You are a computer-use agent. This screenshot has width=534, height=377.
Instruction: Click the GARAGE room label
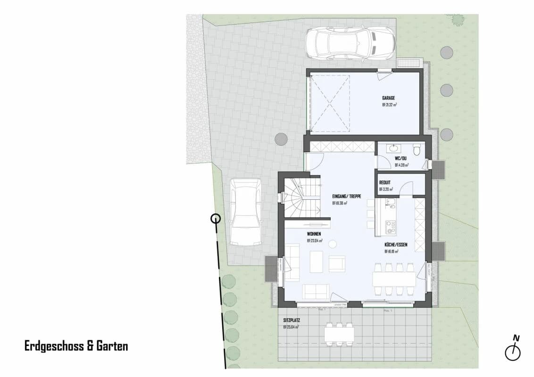[x=389, y=98]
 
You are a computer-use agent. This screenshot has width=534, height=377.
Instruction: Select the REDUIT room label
[x=385, y=182]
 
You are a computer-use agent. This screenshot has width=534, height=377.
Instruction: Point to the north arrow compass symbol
[x=513, y=351]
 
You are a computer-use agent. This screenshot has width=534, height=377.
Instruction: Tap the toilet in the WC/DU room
[x=416, y=150]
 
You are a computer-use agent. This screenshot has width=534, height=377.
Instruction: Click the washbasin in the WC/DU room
[x=394, y=148]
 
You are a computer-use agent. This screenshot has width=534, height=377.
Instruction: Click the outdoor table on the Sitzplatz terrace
[x=339, y=334]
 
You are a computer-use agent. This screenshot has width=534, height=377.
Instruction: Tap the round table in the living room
[x=333, y=244]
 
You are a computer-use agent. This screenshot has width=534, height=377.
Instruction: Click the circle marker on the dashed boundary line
[x=215, y=218]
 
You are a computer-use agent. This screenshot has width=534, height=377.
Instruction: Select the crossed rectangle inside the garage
[x=330, y=103]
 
